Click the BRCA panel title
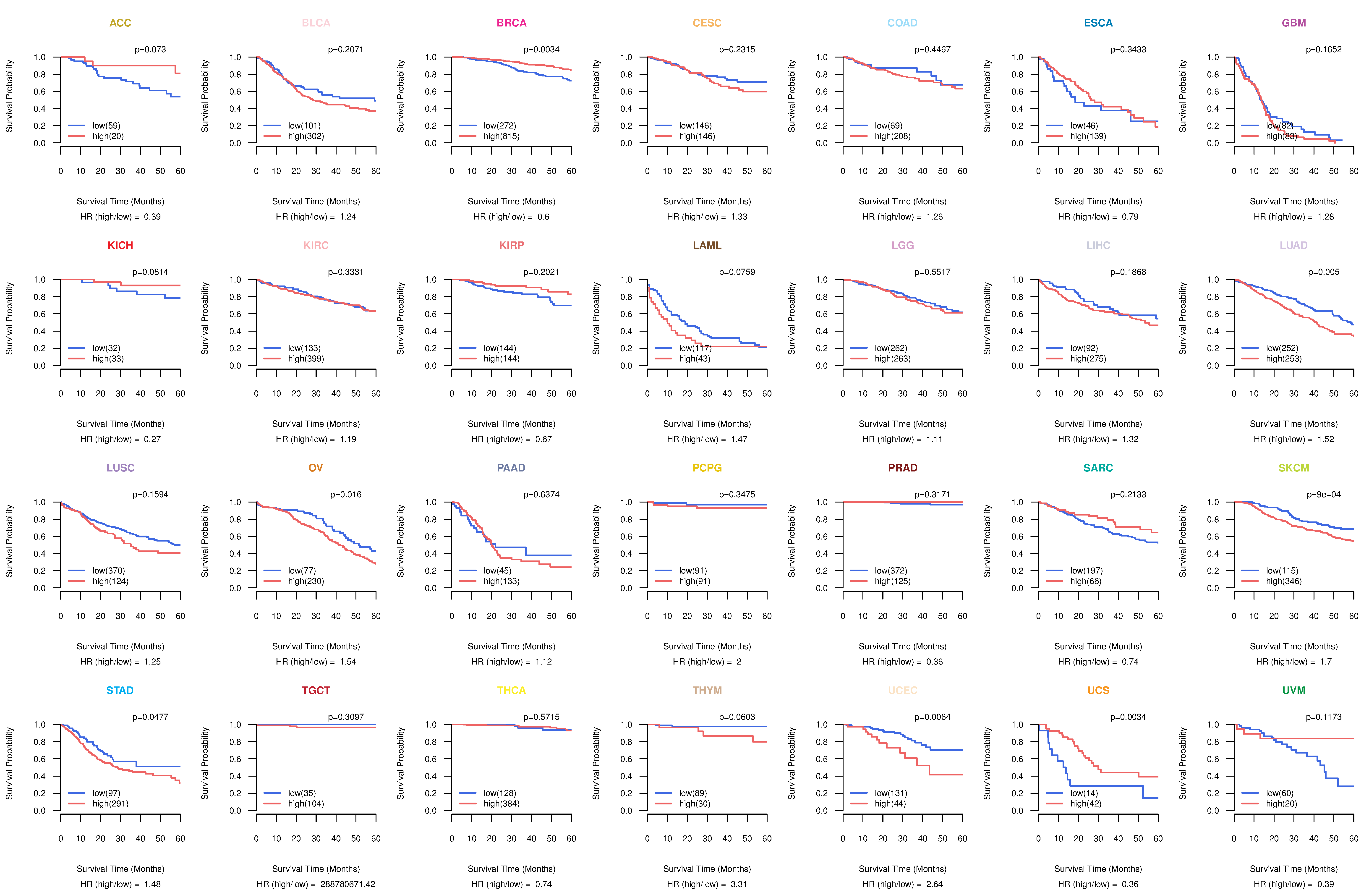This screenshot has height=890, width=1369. point(511,23)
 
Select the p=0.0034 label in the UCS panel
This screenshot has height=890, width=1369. point(1128,717)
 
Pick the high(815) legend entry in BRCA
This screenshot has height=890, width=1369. point(501,136)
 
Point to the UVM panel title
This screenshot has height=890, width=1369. point(1294,690)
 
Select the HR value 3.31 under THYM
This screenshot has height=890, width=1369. point(739,884)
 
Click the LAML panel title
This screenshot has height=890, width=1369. point(707,246)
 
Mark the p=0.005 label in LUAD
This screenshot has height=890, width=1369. point(1324,272)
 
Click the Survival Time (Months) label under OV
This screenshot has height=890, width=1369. point(316,647)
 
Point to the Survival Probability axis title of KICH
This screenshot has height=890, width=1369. point(9,318)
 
